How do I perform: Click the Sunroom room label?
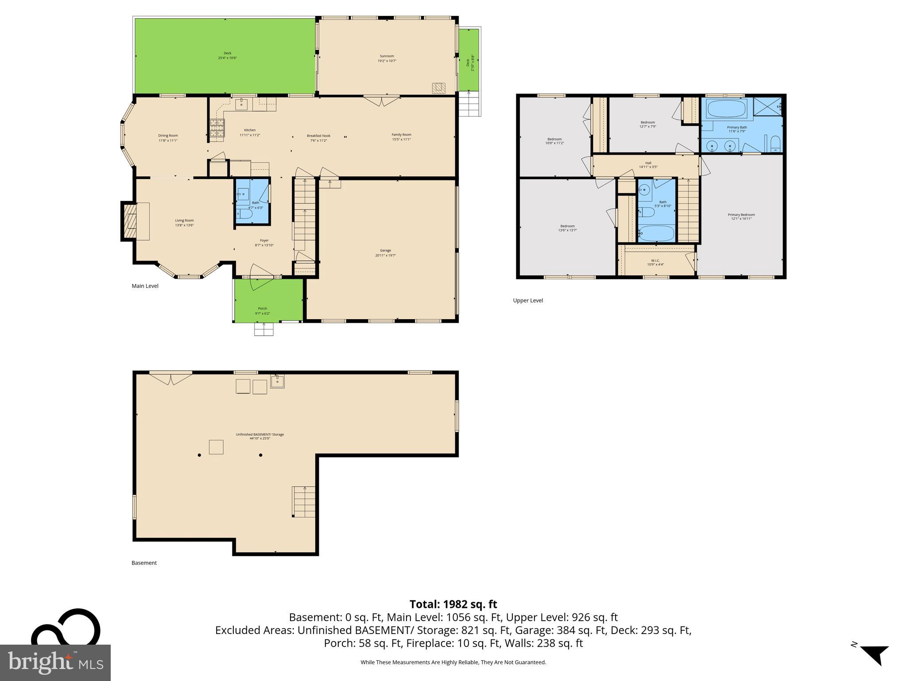(x=387, y=58)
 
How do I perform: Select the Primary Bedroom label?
(x=741, y=216)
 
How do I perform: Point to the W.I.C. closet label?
(x=655, y=262)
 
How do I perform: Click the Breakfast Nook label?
(x=318, y=138)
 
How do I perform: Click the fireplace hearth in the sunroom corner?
(x=438, y=88)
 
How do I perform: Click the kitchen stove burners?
(x=216, y=130)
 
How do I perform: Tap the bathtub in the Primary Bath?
(x=726, y=108)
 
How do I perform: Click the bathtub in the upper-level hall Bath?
(x=657, y=233)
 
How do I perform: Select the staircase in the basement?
(x=304, y=501)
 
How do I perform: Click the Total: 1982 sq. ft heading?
(x=453, y=604)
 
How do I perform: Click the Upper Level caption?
(x=527, y=301)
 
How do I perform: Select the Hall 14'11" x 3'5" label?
(x=648, y=165)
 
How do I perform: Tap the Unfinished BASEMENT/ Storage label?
(x=260, y=436)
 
